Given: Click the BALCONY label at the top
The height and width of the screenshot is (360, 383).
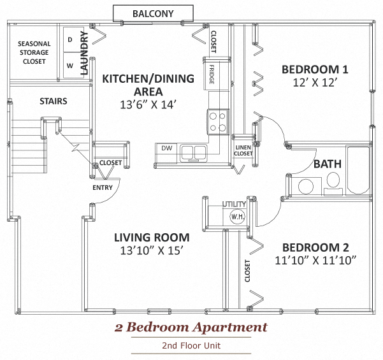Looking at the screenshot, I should [153, 13].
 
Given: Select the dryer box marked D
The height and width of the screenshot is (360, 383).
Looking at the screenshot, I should [69, 40].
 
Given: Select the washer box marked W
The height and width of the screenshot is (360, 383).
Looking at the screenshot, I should [69, 64].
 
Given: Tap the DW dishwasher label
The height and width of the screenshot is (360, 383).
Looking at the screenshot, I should [166, 148].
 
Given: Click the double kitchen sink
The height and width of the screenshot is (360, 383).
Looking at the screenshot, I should [193, 152].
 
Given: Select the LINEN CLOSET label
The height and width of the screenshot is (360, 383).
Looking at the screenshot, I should [243, 149].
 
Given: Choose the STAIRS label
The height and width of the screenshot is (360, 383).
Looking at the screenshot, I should [53, 101].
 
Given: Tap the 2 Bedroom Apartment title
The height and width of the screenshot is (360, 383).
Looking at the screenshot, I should [191, 328].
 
